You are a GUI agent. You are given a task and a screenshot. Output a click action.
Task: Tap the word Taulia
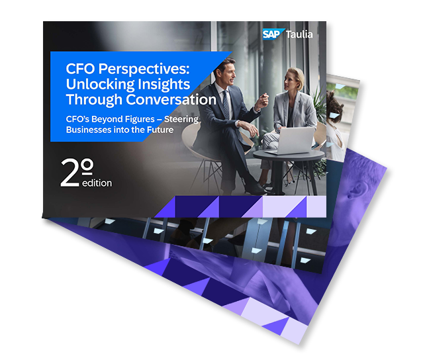(x=299, y=34)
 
